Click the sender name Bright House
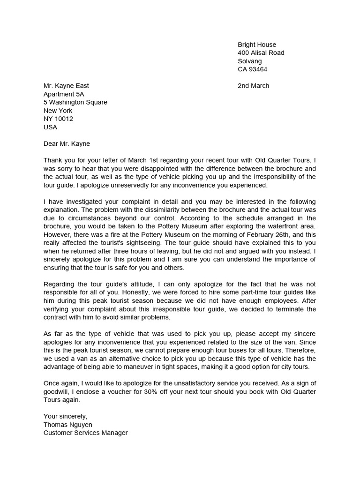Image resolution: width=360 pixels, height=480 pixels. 257,45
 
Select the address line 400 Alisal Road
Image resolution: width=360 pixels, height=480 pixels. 261,53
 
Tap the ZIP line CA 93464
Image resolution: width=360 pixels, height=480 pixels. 252,69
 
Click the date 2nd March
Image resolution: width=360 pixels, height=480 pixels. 254,86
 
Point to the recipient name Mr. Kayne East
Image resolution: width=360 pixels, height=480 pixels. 66,86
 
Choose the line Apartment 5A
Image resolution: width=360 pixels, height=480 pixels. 64,94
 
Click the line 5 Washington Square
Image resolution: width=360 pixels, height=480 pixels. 75,102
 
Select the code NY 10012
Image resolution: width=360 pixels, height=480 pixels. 58,119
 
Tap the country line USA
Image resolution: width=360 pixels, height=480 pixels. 50,127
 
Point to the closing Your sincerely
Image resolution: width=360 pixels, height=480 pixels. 65,416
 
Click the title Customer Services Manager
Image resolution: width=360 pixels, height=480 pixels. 85,433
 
